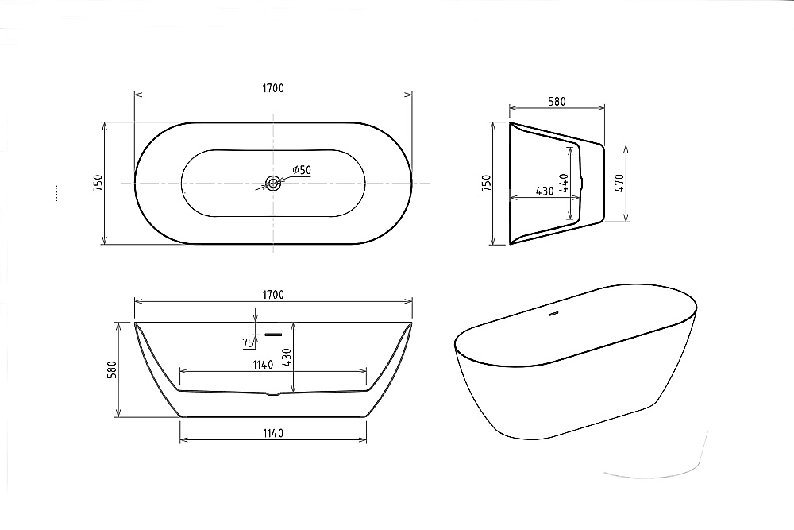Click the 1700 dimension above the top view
272,87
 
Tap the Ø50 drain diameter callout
301,170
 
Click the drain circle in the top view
273,184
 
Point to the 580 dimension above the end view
557,101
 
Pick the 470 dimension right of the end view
621,184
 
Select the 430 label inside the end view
545,191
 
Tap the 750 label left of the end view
487,184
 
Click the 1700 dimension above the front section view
272,295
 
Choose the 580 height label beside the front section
112,369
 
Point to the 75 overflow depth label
248,343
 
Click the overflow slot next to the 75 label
273,335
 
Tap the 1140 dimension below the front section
272,433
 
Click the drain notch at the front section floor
273,393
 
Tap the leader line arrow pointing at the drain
267,188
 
